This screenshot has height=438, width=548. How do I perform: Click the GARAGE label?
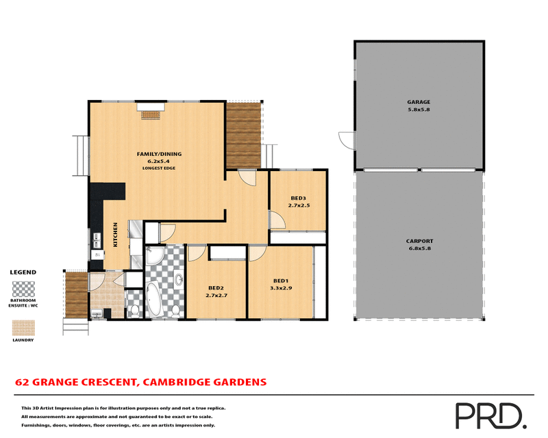[x=419, y=102]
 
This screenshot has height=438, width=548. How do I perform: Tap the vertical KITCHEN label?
[x=116, y=235]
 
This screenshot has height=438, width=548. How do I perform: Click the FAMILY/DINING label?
[x=158, y=154]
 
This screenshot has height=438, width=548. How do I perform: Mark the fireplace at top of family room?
[x=150, y=111]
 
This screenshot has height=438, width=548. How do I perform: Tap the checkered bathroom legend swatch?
[x=23, y=288]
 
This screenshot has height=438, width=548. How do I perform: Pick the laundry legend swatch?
[x=23, y=327]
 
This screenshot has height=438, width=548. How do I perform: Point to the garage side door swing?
[x=346, y=139]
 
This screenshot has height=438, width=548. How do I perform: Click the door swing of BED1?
[x=258, y=255]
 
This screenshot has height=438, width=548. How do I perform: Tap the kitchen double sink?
[x=97, y=240]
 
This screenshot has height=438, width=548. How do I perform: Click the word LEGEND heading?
[x=23, y=272]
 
